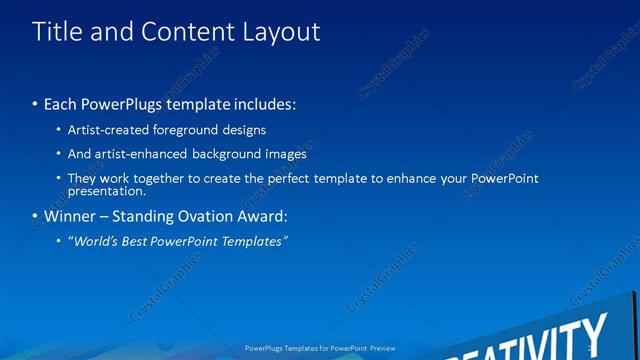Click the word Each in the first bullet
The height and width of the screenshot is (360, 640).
click(62, 104)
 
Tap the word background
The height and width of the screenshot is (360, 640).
click(233, 154)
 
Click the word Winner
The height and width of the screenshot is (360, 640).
click(66, 216)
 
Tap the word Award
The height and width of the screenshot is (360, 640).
click(262, 216)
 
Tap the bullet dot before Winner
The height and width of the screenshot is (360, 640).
click(35, 216)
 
